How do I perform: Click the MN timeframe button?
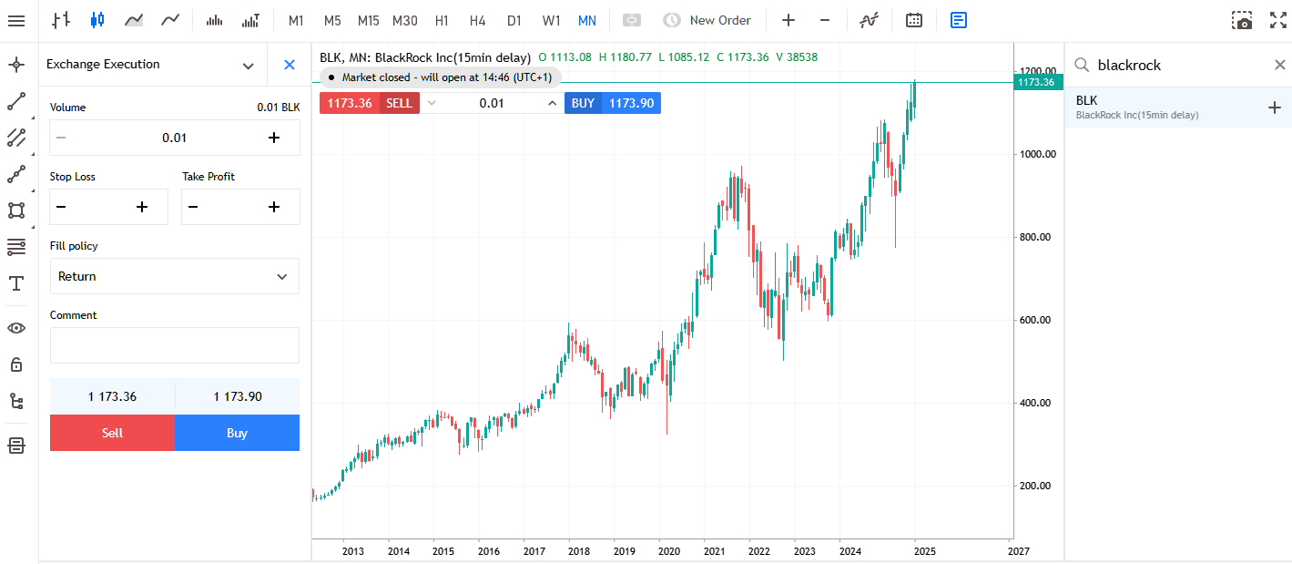(587, 20)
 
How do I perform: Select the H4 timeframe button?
(478, 20)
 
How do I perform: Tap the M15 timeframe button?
(369, 20)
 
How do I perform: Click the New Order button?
(707, 20)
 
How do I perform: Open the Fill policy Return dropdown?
(174, 276)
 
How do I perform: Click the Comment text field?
(174, 345)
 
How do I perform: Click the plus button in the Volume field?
(273, 138)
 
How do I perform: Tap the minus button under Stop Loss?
(61, 207)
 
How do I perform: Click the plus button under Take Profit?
(273, 207)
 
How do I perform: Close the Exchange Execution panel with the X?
(290, 65)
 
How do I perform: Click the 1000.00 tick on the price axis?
(1037, 154)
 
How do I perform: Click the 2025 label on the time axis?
(924, 551)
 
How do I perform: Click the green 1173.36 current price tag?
(1036, 82)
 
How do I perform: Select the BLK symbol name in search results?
(1087, 100)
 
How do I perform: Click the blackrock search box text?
(1129, 65)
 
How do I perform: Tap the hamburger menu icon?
(15, 20)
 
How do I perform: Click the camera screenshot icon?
(1242, 20)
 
